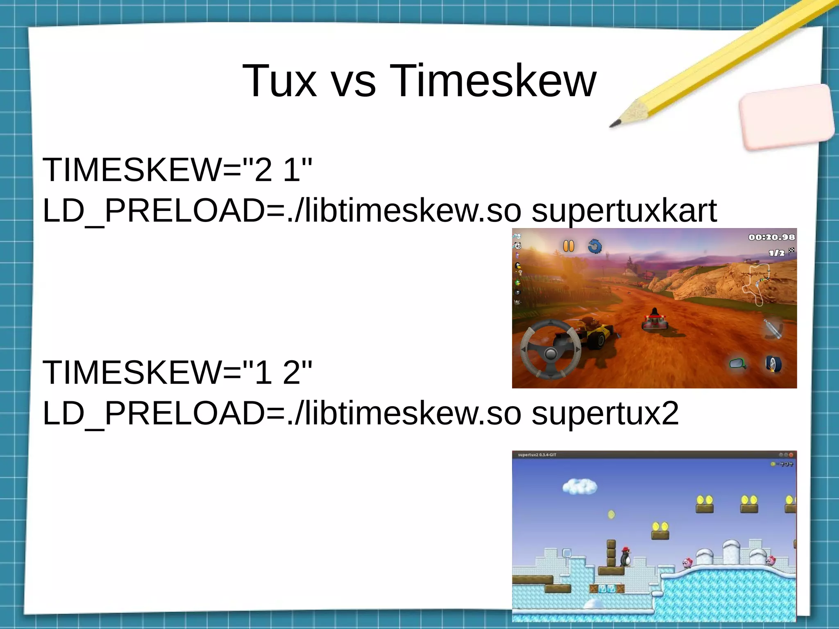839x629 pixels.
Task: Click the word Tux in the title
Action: click(280, 81)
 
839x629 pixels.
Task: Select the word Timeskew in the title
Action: click(493, 81)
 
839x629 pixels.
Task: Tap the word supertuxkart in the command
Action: click(624, 211)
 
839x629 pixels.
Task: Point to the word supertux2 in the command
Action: click(605, 414)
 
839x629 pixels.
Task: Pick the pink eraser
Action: click(787, 117)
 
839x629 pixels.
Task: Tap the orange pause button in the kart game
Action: click(569, 246)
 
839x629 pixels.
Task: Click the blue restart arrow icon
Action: click(594, 247)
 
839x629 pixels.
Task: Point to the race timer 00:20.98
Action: click(771, 237)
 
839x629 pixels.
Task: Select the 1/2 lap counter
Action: click(777, 253)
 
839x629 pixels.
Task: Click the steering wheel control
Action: click(551, 349)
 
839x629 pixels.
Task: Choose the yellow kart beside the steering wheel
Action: click(598, 334)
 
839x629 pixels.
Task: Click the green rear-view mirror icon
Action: click(737, 364)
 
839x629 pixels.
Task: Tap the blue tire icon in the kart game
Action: click(773, 364)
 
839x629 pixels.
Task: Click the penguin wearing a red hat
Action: click(625, 556)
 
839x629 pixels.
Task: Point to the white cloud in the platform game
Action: click(579, 486)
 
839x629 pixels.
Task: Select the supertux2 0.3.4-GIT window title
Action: click(537, 455)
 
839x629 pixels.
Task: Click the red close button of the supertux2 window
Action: click(791, 455)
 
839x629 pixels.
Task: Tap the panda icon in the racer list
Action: click(517, 246)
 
